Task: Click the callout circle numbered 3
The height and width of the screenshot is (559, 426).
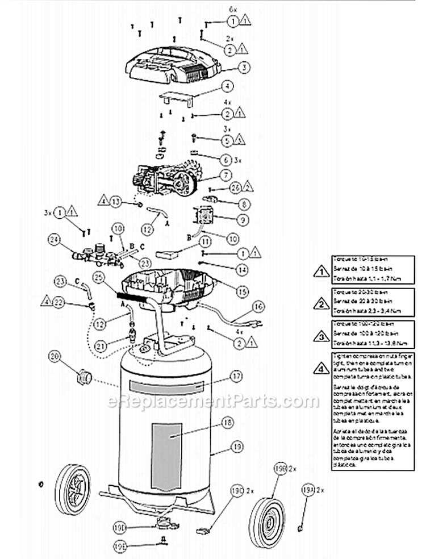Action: [x=244, y=68]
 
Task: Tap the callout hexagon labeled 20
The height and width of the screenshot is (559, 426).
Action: [x=55, y=357]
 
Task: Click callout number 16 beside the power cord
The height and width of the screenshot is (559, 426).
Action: [x=258, y=307]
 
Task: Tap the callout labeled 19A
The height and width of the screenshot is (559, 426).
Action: [x=307, y=490]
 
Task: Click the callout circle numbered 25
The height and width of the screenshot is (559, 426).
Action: [x=99, y=278]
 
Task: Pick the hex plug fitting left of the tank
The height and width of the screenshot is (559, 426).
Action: [x=84, y=376]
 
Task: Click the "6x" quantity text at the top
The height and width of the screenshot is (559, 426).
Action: [x=232, y=10]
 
